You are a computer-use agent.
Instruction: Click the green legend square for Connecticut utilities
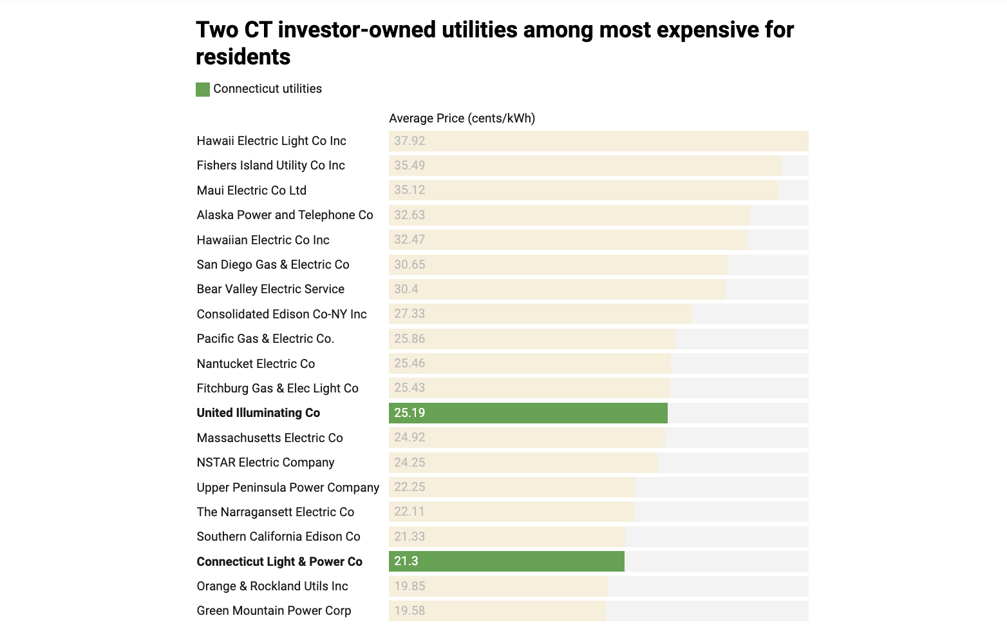pos(203,90)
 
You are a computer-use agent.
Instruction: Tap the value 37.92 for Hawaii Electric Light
pos(409,141)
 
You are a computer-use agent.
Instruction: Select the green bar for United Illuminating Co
pos(528,413)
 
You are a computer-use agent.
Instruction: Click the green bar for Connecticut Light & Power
pos(507,561)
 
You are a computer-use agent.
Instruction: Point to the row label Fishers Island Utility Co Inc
pos(270,166)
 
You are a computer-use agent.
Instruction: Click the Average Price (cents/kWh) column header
pos(462,119)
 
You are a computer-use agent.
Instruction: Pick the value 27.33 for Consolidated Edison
pos(409,314)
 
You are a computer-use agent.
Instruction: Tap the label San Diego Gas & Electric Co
pos(273,265)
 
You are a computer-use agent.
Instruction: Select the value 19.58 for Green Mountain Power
pos(409,611)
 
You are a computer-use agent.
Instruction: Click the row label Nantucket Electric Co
pos(256,364)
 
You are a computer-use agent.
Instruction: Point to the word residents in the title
pos(243,57)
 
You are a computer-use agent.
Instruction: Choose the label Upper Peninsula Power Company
pos(288,488)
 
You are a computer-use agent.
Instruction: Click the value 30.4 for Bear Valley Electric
pos(406,289)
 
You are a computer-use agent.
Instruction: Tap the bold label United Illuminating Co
pos(258,413)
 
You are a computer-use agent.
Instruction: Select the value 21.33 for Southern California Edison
pos(409,537)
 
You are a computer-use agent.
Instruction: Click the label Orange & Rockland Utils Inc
pos(272,586)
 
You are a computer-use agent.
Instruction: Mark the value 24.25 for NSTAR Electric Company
pos(409,463)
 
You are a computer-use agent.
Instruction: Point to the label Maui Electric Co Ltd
pos(251,191)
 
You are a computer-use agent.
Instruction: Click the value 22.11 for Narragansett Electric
pos(409,512)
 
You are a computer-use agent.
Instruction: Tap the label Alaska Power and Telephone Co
pos(285,215)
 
